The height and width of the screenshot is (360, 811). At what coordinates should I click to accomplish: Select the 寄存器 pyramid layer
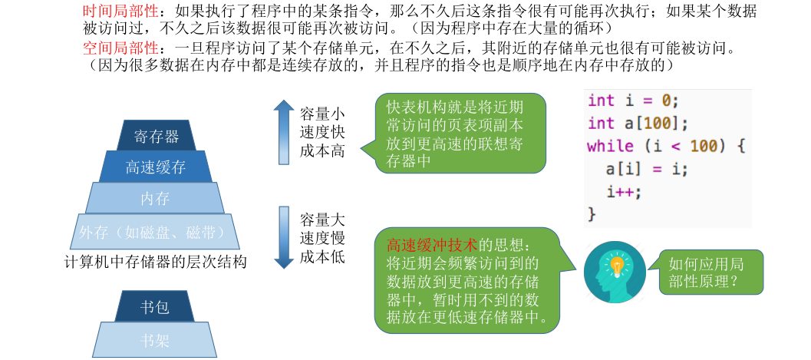[156, 136]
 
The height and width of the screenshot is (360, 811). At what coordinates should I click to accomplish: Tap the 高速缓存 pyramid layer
[156, 167]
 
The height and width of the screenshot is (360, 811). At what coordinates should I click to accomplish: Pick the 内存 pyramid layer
[156, 198]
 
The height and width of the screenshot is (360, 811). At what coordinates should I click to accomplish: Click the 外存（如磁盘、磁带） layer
[156, 231]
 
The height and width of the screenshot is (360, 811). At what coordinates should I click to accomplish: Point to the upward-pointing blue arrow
[284, 132]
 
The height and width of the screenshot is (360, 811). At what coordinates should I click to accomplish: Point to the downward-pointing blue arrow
[284, 236]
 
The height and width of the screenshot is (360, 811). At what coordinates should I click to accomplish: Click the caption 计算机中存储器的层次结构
[156, 262]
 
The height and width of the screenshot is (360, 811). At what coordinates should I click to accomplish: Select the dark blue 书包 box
[154, 307]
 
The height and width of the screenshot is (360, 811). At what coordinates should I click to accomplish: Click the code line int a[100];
[638, 123]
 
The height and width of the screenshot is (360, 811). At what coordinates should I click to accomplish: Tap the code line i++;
[623, 191]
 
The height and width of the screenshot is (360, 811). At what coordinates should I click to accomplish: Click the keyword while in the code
[610, 146]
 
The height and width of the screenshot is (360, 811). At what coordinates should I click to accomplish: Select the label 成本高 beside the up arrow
[322, 151]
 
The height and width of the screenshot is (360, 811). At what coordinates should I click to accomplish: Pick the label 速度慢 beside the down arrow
[322, 238]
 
